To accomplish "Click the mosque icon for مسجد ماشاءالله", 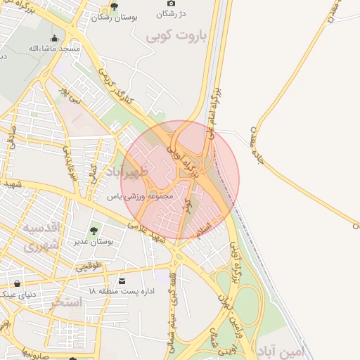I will pyautogui.click(x=54, y=39).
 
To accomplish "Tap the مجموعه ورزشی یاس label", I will pyautogui.click(x=139, y=197).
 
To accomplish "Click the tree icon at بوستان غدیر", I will pyautogui.click(x=93, y=230).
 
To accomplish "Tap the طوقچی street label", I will pyautogui.click(x=89, y=267).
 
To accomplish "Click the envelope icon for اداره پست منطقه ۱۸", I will pyautogui.click(x=122, y=281).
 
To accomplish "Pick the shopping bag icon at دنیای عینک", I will pyautogui.click(x=17, y=283).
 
